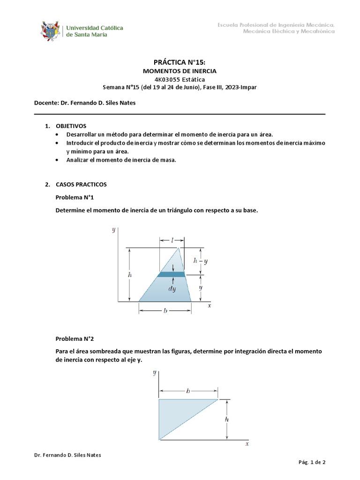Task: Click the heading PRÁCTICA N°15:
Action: pyautogui.click(x=180, y=62)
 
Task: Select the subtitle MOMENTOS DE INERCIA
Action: pyautogui.click(x=180, y=71)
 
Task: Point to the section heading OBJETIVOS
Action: pyautogui.click(x=71, y=126)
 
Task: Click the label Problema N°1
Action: pyautogui.click(x=75, y=198)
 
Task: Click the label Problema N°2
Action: pyautogui.click(x=75, y=338)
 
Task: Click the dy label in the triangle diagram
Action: pyautogui.click(x=172, y=289)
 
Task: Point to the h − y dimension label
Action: pyautogui.click(x=201, y=261)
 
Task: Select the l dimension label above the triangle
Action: pyautogui.click(x=172, y=240)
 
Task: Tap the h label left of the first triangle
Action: pyautogui.click(x=129, y=276)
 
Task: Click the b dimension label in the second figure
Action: pyautogui.click(x=188, y=390)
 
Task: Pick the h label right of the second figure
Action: pyautogui.click(x=227, y=420)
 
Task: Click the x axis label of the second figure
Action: pyautogui.click(x=247, y=443)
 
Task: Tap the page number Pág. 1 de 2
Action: pyautogui.click(x=312, y=462)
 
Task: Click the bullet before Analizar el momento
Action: pyautogui.click(x=57, y=160)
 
